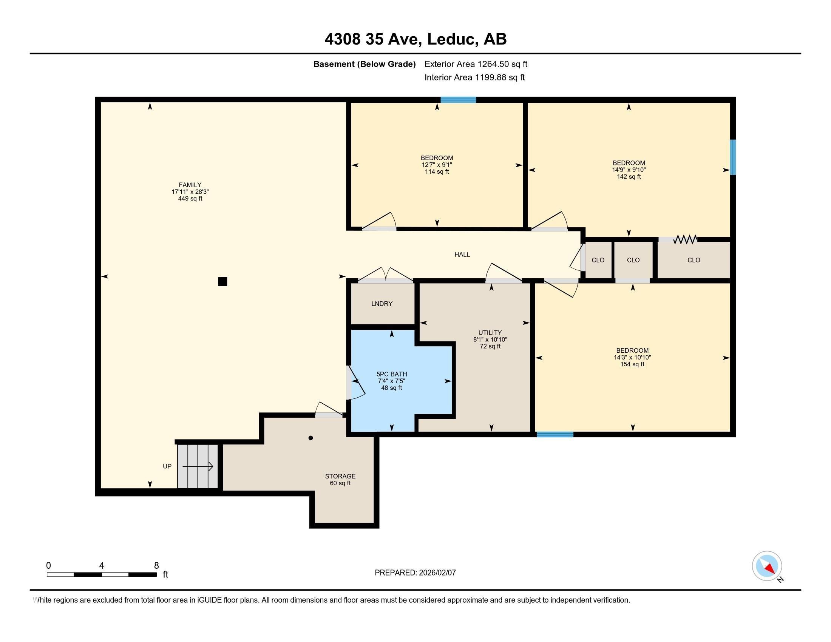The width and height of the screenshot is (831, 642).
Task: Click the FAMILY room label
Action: tap(190, 185)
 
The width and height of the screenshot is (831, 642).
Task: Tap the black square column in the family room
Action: tap(222, 281)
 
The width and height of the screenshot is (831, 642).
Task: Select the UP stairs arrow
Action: tap(198, 466)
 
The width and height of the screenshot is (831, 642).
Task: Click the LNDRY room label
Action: tap(382, 304)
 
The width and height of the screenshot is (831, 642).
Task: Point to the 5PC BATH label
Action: tap(392, 374)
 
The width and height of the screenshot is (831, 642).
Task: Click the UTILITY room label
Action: tap(490, 333)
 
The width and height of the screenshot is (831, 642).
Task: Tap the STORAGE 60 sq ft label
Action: tap(340, 480)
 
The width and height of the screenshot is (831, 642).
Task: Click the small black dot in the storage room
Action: tap(310, 438)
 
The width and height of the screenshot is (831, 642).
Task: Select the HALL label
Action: tap(462, 255)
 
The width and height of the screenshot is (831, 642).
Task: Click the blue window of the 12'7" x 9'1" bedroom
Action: tap(458, 100)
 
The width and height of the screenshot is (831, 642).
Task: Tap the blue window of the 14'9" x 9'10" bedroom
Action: tap(733, 157)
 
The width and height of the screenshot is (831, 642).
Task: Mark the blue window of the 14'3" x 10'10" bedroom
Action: tap(555, 434)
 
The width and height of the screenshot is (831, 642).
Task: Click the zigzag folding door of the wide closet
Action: tap(685, 239)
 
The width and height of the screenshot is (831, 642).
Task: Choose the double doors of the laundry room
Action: tap(385, 275)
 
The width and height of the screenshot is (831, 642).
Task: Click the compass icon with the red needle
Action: tap(767, 566)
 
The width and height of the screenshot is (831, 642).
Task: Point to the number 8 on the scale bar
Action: tap(156, 566)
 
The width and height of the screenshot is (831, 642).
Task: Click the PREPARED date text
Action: tap(415, 573)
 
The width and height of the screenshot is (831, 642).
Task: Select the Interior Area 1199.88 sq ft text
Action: tap(474, 77)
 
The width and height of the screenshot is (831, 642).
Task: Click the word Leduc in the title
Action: tap(453, 39)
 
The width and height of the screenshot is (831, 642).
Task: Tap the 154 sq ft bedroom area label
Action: tap(632, 364)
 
